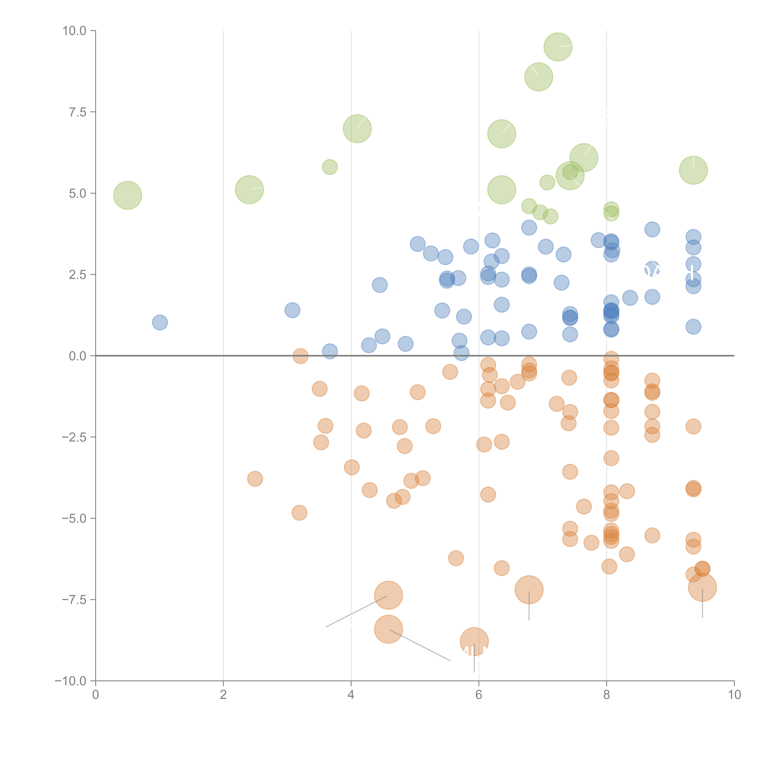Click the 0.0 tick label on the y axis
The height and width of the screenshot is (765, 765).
pyautogui.click(x=78, y=356)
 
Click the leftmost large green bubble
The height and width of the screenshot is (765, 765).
pyautogui.click(x=127, y=195)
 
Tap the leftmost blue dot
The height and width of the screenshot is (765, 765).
pyautogui.click(x=160, y=322)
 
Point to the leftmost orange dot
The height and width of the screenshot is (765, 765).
pyautogui.click(x=255, y=479)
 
